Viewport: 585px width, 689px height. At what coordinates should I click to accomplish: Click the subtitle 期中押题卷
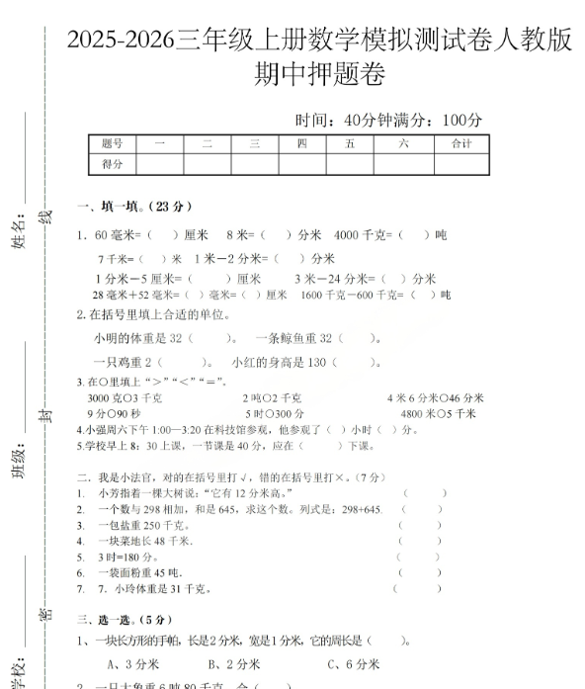click(318, 75)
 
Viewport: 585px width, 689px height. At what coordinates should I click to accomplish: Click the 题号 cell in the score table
click(112, 143)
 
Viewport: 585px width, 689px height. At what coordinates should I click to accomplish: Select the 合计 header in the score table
click(460, 143)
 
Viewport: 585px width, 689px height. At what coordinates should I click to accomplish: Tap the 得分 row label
click(112, 163)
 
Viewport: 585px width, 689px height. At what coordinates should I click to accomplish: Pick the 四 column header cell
click(301, 143)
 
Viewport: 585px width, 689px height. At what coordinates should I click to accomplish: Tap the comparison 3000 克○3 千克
click(125, 397)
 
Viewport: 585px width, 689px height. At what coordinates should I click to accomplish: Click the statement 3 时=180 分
click(127, 557)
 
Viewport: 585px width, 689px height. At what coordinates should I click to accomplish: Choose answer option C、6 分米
click(355, 663)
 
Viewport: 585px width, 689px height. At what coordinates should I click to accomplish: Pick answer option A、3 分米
click(133, 663)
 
